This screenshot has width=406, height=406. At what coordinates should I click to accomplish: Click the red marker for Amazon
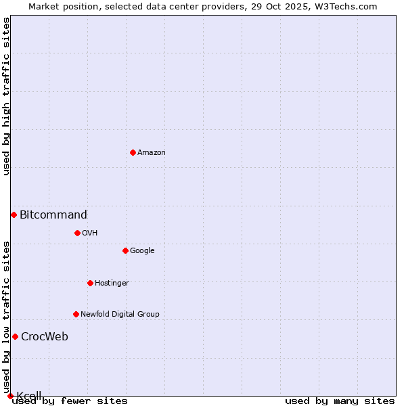click(x=133, y=152)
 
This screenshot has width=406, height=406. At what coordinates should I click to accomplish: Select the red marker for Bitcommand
click(x=14, y=215)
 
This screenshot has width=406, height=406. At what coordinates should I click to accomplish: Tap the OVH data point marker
click(x=77, y=233)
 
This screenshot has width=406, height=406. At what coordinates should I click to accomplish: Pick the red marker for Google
click(x=125, y=250)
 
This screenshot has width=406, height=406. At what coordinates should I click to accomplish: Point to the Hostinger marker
click(x=90, y=283)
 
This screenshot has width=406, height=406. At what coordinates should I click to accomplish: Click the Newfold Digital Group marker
click(x=76, y=314)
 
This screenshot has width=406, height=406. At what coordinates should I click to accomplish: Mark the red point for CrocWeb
click(x=15, y=336)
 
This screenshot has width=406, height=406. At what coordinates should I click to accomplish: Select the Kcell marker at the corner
click(x=10, y=396)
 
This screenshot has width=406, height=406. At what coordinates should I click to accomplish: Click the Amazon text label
click(x=152, y=153)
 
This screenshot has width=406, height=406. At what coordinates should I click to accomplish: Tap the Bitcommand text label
click(x=53, y=215)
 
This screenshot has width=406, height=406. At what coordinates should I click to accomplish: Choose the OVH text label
click(x=90, y=233)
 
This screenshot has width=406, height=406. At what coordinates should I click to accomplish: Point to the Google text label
click(x=142, y=251)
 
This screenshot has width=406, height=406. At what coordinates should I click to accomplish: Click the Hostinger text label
click(x=112, y=284)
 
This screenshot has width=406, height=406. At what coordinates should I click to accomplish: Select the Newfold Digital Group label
click(x=120, y=315)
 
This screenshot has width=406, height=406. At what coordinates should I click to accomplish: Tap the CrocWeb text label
click(x=45, y=337)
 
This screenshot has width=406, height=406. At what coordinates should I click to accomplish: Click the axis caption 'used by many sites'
click(x=340, y=401)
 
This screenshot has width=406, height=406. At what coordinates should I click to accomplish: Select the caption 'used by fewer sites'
click(x=70, y=401)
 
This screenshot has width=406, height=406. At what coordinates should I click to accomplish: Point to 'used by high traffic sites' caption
click(x=7, y=96)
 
